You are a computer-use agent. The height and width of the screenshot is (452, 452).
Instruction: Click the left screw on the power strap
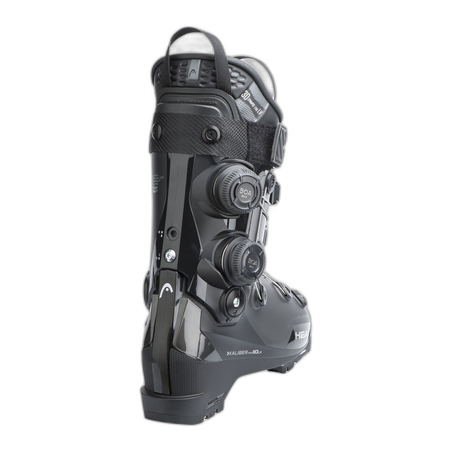pyautogui.click(x=156, y=130)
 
